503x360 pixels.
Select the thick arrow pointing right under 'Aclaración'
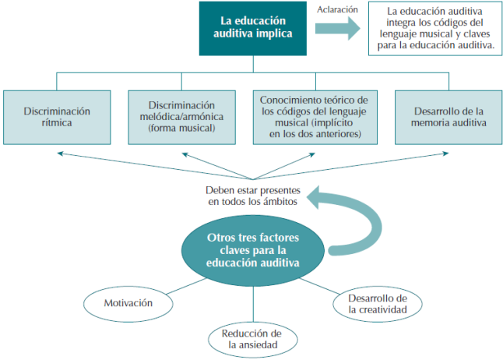tap(337, 29)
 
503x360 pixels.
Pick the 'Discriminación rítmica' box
tap(58, 117)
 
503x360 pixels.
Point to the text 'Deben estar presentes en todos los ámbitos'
tap(251, 196)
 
